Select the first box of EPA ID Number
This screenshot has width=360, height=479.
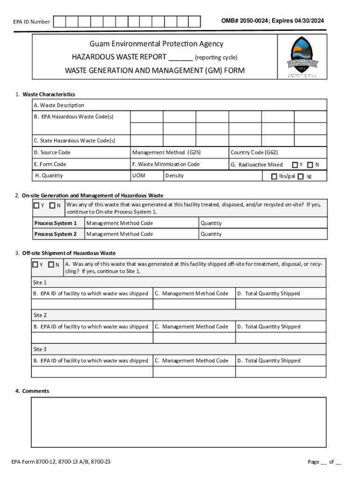point(59,22)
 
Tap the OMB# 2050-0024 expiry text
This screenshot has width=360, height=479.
point(273,21)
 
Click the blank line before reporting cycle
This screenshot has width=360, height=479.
point(180,58)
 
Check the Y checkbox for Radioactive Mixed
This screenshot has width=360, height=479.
point(295,165)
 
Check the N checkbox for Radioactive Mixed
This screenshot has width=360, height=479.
point(310,165)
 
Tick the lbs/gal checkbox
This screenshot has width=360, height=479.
point(274,176)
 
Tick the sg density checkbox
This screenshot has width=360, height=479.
point(301,176)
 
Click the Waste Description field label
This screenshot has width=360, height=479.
point(59,105)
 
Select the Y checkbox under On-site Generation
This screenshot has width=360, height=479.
point(36,205)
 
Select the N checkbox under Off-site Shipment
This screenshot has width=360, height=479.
point(51,264)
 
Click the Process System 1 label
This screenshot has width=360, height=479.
point(55,223)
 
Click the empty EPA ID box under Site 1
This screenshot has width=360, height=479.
point(92,304)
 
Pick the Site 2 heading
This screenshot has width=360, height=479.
point(40,315)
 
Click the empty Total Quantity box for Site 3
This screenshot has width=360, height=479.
point(281,371)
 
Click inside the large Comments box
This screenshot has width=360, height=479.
point(179,422)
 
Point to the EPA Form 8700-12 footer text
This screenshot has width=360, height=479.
point(61,462)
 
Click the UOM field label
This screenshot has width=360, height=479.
point(138,176)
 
